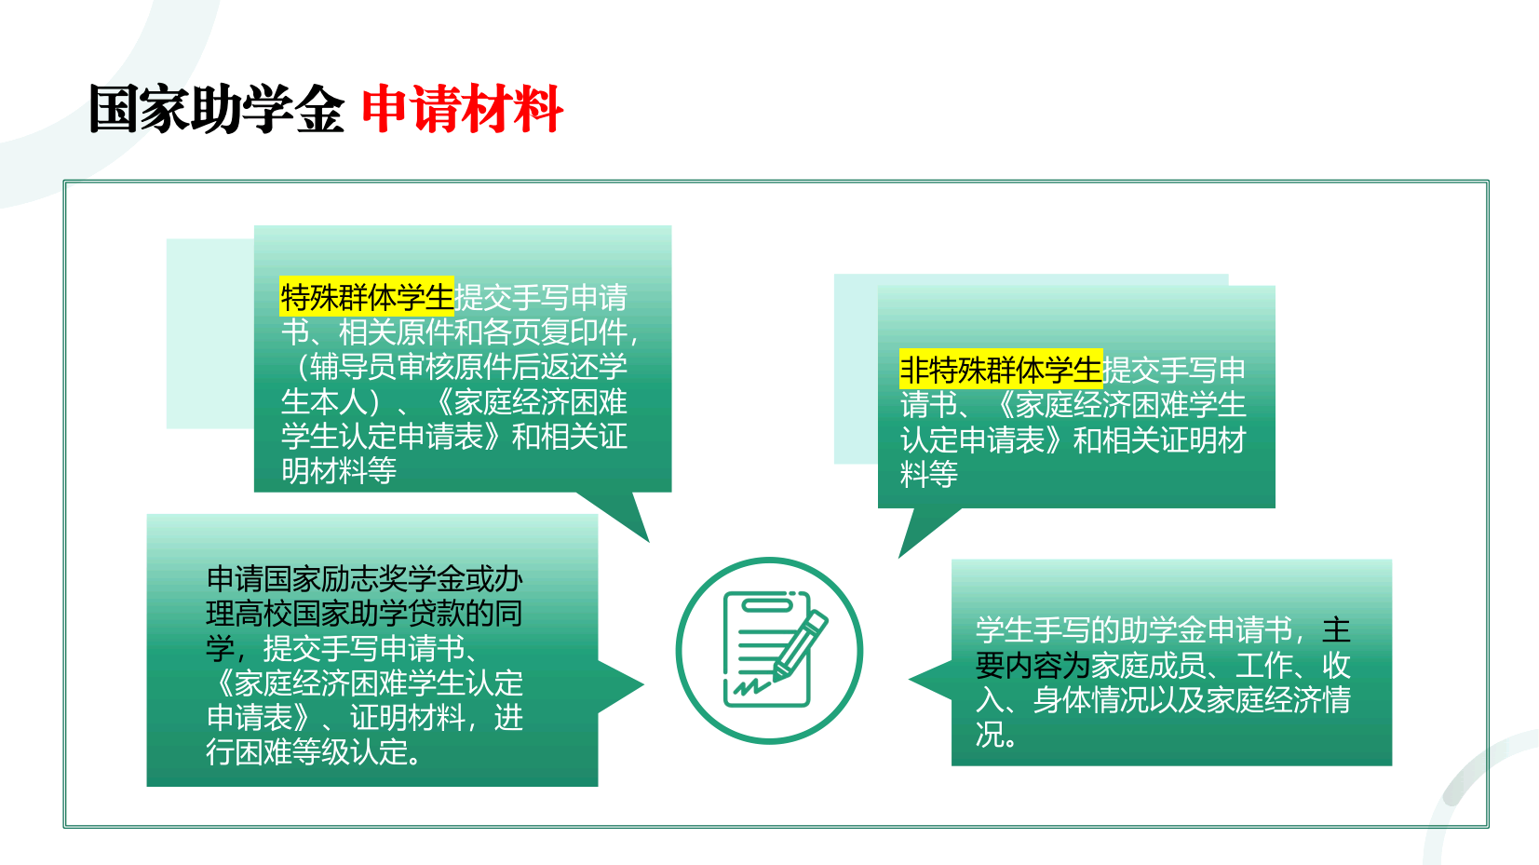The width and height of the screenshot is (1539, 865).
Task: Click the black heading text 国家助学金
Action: click(x=216, y=109)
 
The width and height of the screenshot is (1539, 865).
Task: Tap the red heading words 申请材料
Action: click(x=463, y=109)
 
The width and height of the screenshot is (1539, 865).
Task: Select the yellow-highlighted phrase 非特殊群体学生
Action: click(x=1001, y=370)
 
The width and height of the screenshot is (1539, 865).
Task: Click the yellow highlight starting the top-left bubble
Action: click(x=367, y=297)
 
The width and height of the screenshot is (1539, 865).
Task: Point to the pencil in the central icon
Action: click(x=800, y=646)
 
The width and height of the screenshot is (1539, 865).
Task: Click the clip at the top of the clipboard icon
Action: click(x=767, y=604)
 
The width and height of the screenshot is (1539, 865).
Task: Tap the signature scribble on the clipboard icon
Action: click(x=751, y=686)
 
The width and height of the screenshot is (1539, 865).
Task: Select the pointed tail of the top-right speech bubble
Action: click(x=925, y=529)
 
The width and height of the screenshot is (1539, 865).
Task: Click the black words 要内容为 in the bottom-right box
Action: click(x=1033, y=665)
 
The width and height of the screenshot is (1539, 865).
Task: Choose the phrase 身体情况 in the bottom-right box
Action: click(x=1090, y=699)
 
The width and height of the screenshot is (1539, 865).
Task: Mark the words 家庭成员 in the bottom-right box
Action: click(x=1148, y=665)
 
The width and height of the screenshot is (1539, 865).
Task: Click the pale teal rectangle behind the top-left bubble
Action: click(x=210, y=333)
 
